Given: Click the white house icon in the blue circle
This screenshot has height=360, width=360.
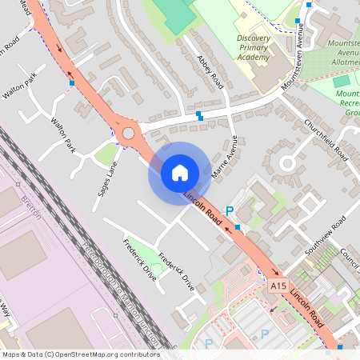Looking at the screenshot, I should click(179, 173).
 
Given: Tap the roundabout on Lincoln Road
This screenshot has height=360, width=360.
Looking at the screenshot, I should click(128, 133).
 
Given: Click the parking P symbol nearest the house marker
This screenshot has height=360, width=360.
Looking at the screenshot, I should click(229, 211).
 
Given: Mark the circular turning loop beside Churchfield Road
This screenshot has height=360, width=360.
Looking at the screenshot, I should click(286, 165).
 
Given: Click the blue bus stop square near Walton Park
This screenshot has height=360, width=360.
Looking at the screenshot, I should click(72, 82).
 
